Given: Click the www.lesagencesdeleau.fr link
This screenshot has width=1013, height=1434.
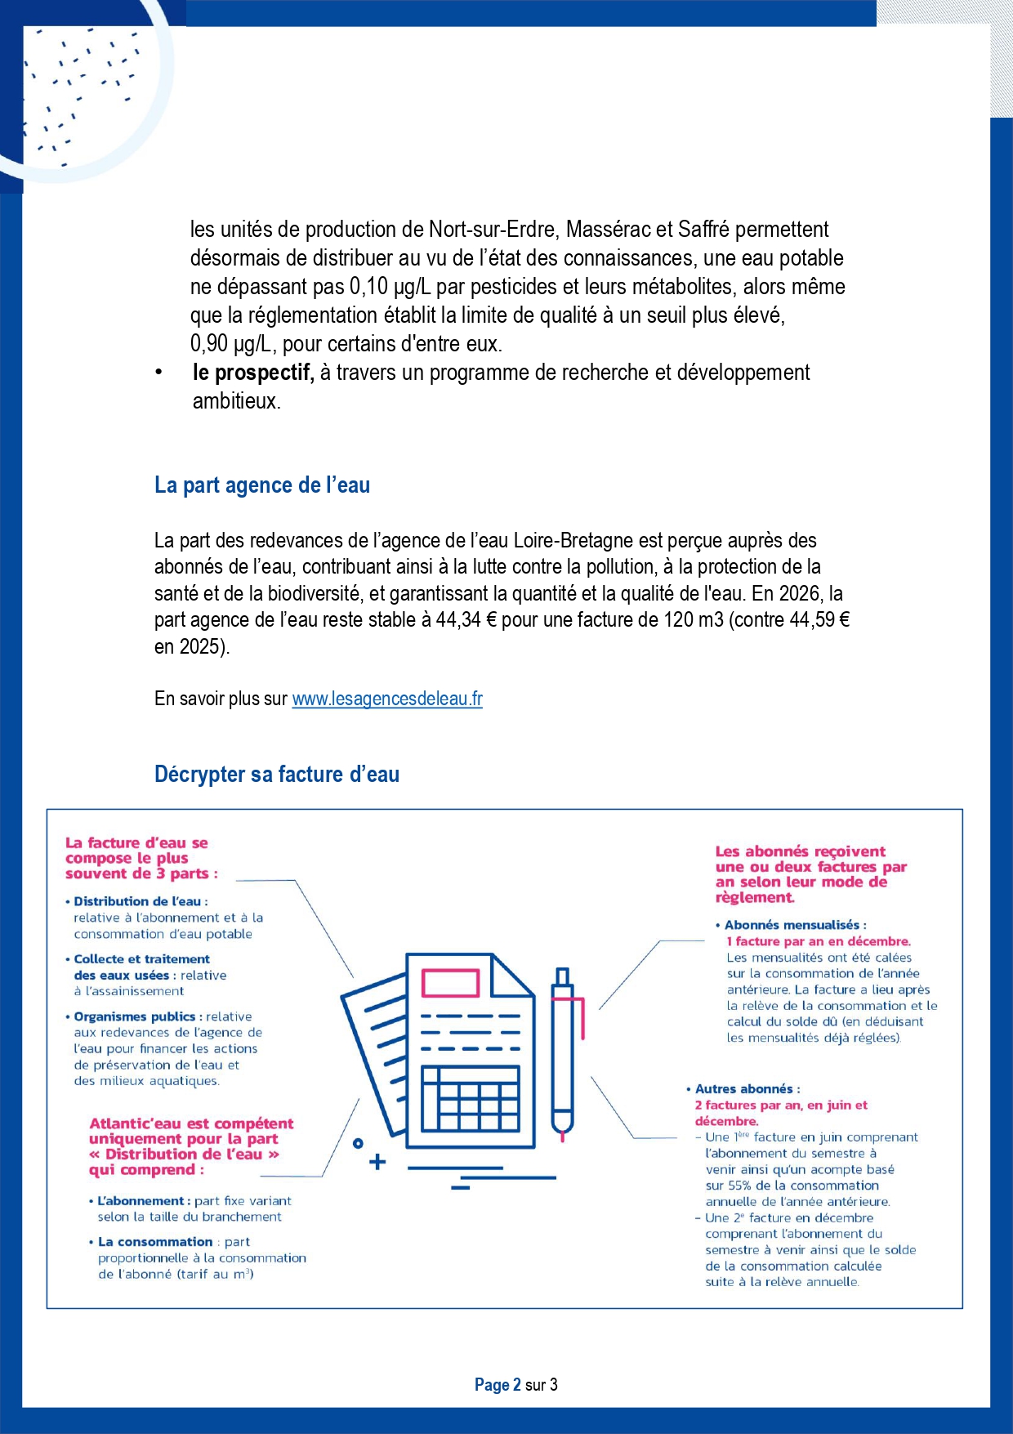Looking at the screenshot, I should pyautogui.click(x=387, y=699).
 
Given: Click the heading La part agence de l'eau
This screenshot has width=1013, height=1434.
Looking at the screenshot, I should pyautogui.click(x=262, y=485).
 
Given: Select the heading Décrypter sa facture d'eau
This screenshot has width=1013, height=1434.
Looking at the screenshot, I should pyautogui.click(x=277, y=775).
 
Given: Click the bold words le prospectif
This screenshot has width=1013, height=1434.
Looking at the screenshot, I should pyautogui.click(x=253, y=373).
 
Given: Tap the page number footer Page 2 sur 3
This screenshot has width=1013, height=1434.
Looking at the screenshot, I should pyautogui.click(x=515, y=1384).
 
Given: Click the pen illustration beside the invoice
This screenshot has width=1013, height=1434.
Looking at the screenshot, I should pyautogui.click(x=564, y=1054).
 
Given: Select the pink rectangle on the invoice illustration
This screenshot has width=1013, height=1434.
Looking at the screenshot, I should pyautogui.click(x=450, y=983).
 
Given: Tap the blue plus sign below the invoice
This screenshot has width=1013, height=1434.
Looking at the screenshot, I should pyautogui.click(x=377, y=1162).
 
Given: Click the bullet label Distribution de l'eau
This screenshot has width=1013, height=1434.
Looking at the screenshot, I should pyautogui.click(x=137, y=901).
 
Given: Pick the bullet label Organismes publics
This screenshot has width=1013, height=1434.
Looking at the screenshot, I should pyautogui.click(x=135, y=1016).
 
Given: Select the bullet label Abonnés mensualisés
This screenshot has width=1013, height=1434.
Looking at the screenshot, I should pyautogui.click(x=792, y=925).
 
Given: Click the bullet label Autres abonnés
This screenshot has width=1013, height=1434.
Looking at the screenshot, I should pyautogui.click(x=744, y=1089).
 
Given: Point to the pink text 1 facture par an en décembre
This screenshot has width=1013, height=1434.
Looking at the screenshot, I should pyautogui.click(x=819, y=941).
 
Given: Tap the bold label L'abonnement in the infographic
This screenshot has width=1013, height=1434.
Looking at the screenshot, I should pyautogui.click(x=144, y=1201).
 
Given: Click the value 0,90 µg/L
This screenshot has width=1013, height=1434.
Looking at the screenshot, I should pyautogui.click(x=230, y=344).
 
